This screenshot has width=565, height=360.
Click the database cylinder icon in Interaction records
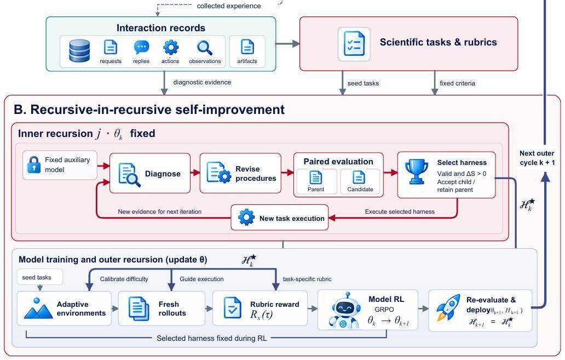[x=79, y=51]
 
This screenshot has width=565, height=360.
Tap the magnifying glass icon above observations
[x=204, y=48]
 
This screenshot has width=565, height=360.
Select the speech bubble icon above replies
[x=141, y=47]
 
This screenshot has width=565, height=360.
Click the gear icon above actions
[x=171, y=47]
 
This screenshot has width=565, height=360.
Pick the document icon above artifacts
[x=247, y=47]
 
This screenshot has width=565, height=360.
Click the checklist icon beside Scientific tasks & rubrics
[x=354, y=44]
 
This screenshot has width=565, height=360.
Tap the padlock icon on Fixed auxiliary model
[x=33, y=165]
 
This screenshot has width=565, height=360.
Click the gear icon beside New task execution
[x=246, y=218]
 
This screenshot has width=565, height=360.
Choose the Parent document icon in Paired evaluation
[x=316, y=178]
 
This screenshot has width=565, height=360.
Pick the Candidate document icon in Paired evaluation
[x=359, y=178]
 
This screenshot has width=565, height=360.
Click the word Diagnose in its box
[x=163, y=174]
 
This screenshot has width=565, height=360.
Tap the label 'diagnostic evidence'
[x=202, y=82]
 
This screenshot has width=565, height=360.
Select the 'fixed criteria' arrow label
[x=457, y=83]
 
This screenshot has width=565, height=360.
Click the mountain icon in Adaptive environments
[x=38, y=308]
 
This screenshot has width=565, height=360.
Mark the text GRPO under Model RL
[x=384, y=310]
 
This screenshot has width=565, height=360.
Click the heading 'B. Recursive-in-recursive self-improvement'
[x=149, y=109]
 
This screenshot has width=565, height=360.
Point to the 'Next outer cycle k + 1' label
[x=537, y=158]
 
